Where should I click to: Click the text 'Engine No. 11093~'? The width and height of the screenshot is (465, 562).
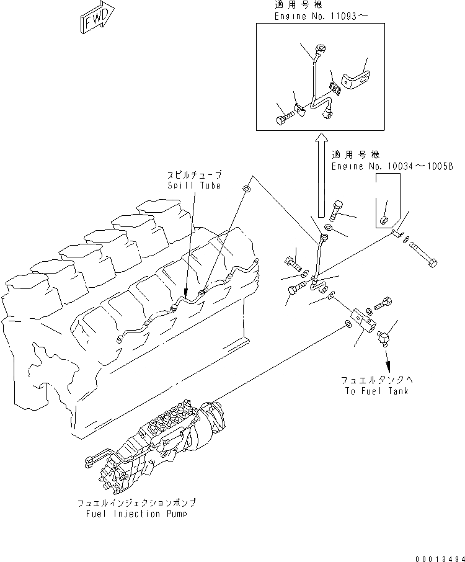[x=317, y=17]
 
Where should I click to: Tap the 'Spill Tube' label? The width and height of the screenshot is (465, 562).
[x=193, y=185]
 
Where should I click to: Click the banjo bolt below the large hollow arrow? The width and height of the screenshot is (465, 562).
[x=337, y=210]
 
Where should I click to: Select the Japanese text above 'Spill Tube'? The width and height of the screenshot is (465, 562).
[x=193, y=176]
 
